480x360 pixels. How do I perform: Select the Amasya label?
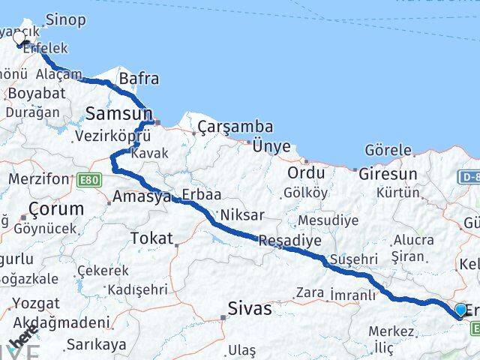142,197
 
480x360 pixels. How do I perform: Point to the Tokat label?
151,238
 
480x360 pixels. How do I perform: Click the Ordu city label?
306,172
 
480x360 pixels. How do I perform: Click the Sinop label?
65,19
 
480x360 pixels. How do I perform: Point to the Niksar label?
242,215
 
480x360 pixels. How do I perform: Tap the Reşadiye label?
289,241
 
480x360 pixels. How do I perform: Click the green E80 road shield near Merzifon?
88,180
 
